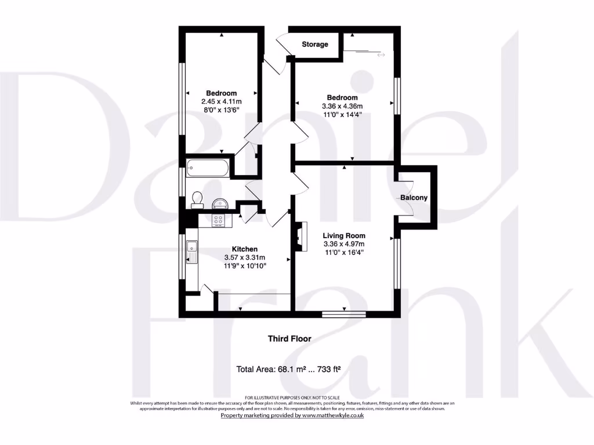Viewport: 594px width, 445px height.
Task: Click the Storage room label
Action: (x=315, y=44)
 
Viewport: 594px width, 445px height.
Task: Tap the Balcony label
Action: (x=414, y=198)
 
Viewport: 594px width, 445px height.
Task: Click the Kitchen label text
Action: (x=244, y=249)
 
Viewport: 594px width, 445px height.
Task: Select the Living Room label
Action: (x=344, y=235)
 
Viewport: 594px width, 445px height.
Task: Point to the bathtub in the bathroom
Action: (x=209, y=169)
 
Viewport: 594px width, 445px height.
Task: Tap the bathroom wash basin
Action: (x=220, y=202)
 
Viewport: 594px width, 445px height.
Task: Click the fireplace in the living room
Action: (x=299, y=237)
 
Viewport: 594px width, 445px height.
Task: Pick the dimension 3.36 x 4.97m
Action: (x=344, y=244)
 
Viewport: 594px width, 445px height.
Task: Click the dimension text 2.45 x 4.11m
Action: (x=221, y=101)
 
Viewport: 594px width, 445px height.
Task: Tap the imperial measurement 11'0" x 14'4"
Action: (x=342, y=115)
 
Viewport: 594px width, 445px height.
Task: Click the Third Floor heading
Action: (x=289, y=338)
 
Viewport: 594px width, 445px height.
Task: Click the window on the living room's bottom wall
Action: (x=345, y=315)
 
